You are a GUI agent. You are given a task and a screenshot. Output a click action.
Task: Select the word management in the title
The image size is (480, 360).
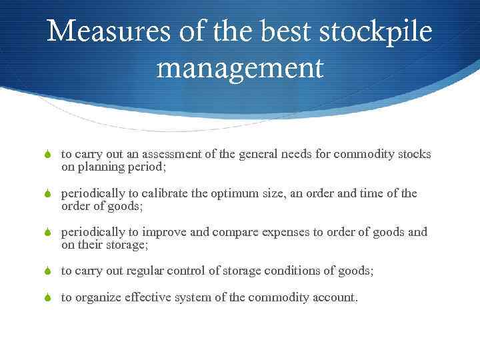(x=240, y=68)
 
